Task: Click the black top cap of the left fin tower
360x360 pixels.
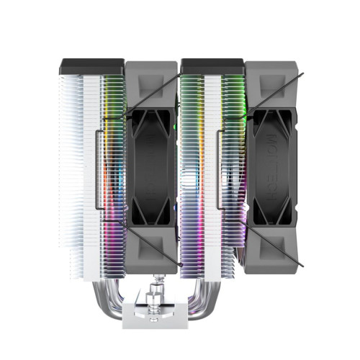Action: point(92,66)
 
